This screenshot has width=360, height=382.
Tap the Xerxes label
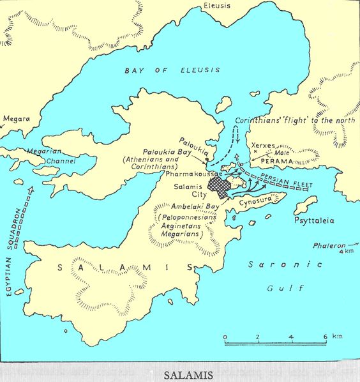(x=264, y=146)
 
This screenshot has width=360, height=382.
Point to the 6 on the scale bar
(x=325, y=337)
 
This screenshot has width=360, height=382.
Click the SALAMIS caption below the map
(x=180, y=373)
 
